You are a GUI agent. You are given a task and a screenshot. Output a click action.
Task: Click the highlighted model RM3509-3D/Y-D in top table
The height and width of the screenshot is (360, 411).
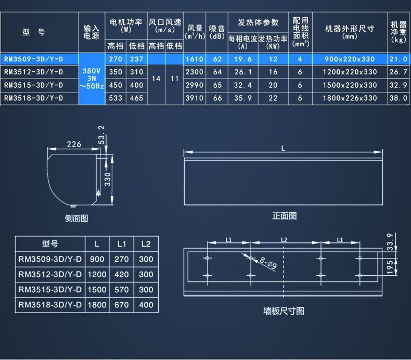click(34, 59)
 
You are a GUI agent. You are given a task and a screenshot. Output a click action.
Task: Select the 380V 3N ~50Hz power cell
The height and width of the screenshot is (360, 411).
click(91, 79)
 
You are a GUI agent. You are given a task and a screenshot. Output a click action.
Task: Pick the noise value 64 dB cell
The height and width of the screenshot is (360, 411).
click(217, 72)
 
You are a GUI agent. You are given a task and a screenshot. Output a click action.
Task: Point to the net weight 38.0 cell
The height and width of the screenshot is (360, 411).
click(398, 97)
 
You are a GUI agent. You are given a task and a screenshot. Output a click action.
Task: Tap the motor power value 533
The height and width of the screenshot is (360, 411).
click(115, 97)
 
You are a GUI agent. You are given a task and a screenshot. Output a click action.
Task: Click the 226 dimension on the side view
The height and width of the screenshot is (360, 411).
click(74, 144)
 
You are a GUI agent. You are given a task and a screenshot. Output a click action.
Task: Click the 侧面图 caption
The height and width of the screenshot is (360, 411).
click(76, 218)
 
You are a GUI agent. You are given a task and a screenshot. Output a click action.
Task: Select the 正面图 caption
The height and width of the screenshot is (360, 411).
click(284, 216)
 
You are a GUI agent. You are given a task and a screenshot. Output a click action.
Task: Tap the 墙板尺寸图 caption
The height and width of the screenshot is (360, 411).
click(284, 311)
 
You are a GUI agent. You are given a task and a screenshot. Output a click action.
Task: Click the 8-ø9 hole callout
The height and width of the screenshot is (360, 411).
click(268, 265)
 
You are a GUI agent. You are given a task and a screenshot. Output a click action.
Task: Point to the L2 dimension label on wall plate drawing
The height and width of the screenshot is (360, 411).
click(284, 239)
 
